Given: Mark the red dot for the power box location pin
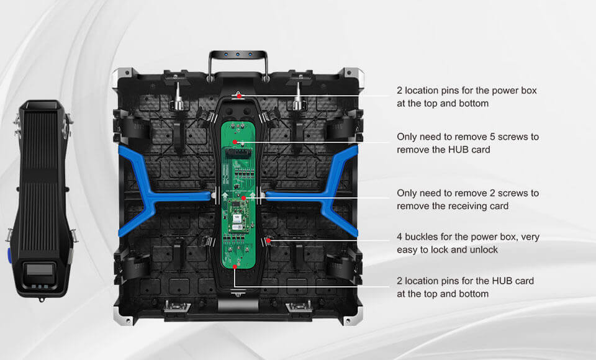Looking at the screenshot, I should (x=238, y=96).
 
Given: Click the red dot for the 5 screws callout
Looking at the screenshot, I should (x=235, y=142).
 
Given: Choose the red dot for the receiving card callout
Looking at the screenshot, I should (x=244, y=198).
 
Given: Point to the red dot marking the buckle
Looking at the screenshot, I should (x=268, y=239).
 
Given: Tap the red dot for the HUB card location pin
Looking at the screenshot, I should (x=234, y=267).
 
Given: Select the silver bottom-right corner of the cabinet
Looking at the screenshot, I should (x=353, y=318).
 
